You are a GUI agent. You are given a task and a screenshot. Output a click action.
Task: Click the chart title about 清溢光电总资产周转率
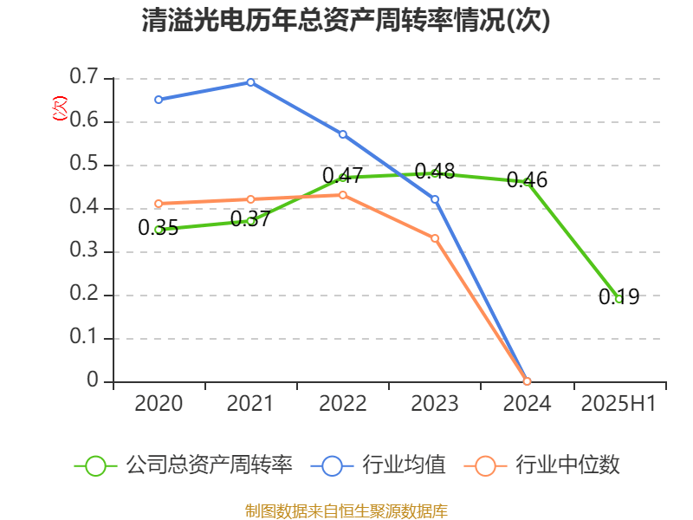[346, 21]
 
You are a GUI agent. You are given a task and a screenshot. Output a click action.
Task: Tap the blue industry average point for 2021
[250, 82]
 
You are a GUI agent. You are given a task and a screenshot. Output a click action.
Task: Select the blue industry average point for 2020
[159, 100]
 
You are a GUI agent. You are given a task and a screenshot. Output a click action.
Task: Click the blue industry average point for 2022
[343, 134]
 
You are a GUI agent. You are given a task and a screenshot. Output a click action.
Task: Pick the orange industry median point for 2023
[435, 237]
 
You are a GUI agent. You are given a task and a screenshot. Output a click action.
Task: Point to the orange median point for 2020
[159, 204]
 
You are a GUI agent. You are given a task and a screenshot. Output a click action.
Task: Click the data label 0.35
[159, 228]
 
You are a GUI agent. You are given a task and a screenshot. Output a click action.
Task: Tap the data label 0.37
[250, 219]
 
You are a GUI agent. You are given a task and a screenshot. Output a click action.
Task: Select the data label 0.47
[343, 175]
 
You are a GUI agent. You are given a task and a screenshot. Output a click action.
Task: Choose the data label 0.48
[435, 172]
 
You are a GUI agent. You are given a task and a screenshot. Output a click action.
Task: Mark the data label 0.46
[527, 179]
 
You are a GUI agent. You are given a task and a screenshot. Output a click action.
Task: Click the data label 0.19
[619, 297]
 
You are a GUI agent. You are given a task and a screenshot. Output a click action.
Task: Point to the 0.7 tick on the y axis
[85, 79]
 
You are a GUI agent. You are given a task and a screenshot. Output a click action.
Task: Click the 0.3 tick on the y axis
[85, 252]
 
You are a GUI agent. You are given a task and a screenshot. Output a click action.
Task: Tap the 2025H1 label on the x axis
[619, 404]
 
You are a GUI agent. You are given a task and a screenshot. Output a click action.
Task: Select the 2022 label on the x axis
[343, 404]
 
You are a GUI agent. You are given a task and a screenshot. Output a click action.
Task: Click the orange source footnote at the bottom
[346, 510]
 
